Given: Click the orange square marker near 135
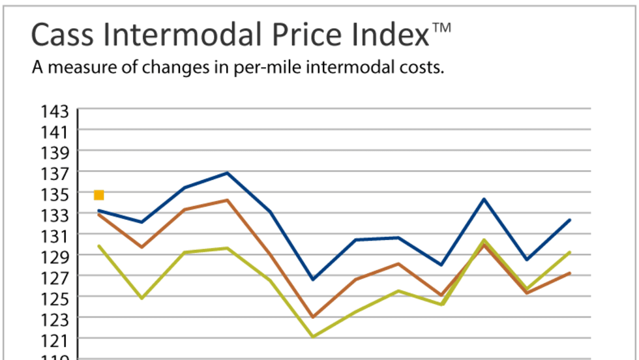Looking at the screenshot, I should [98, 194].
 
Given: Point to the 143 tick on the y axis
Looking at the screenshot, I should [55, 111].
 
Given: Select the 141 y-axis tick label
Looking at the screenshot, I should [55, 132].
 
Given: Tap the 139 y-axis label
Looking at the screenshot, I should [55, 153].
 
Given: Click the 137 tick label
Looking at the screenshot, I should [55, 173].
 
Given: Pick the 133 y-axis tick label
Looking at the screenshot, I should [55, 215].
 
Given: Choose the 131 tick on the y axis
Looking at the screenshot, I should [55, 235].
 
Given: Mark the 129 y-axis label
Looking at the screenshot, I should [55, 256].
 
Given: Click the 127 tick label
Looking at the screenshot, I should [55, 277].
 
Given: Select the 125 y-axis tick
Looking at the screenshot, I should [55, 298].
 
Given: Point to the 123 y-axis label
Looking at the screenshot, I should [55, 319].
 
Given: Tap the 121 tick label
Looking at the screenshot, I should [55, 340].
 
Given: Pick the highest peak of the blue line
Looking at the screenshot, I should [227, 173].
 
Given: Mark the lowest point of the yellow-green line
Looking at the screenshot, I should [313, 337].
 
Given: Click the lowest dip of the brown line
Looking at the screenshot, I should [313, 317].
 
